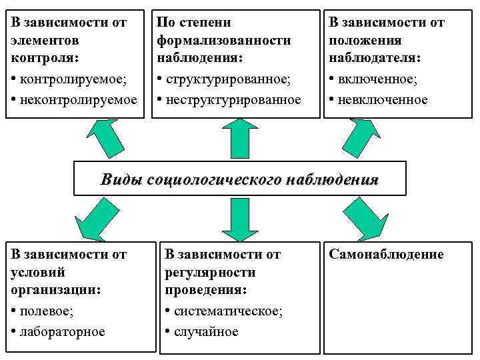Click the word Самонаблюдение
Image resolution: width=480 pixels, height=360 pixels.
pyautogui.click(x=386, y=255)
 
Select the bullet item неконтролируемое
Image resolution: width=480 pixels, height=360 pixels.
pyautogui.click(x=79, y=100)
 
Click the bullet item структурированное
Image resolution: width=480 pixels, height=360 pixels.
pyautogui.click(x=228, y=80)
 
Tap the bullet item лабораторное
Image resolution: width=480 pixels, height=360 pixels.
pyautogui.click(x=64, y=331)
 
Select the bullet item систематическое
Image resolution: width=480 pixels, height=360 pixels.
pyautogui.click(x=227, y=311)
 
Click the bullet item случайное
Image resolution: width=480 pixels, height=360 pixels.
pyautogui.click(x=206, y=331)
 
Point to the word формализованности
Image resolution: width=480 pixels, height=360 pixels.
pyautogui.click(x=224, y=41)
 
